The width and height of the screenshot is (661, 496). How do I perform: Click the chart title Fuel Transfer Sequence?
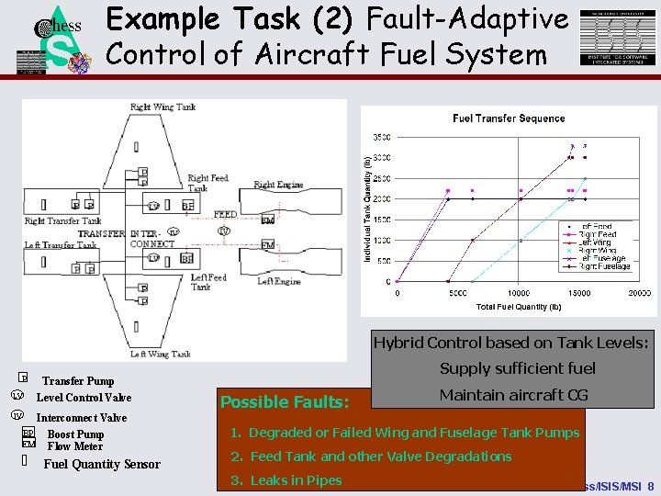click(x=508, y=118)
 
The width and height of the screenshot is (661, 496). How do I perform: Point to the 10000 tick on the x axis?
click(x=519, y=294)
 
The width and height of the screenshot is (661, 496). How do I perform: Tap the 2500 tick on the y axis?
click(x=380, y=178)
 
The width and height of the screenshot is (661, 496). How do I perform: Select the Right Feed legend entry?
click(x=596, y=234)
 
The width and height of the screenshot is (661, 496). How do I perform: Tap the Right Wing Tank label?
click(x=162, y=107)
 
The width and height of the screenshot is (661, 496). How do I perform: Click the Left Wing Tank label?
click(x=162, y=354)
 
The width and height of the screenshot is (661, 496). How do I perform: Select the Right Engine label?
click(x=277, y=185)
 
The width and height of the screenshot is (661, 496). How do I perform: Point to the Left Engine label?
click(x=279, y=281)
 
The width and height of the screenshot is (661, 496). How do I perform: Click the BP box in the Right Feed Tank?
click(x=187, y=206)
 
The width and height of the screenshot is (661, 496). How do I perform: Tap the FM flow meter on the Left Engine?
click(x=267, y=245)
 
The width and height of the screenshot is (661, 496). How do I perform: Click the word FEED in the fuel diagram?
click(x=225, y=215)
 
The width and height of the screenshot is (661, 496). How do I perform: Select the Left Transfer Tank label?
click(x=61, y=245)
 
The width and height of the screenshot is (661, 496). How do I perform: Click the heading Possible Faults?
click(x=284, y=402)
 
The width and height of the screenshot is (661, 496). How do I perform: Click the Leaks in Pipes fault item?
click(x=286, y=479)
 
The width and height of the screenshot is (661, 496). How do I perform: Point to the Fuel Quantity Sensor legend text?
click(x=102, y=464)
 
